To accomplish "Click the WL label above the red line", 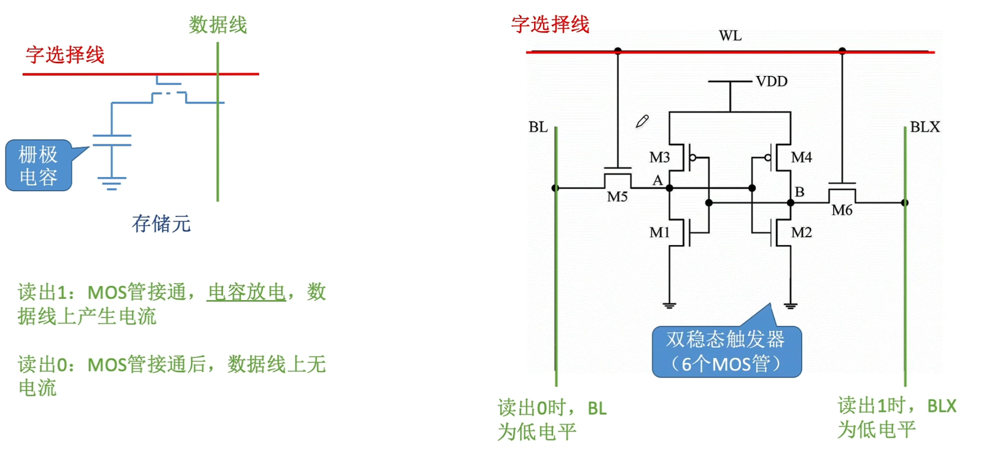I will point(730,36).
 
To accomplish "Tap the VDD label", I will point(771,81).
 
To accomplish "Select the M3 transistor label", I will point(659,157).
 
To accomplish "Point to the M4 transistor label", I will point(801,157).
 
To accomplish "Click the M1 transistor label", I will point(659,232).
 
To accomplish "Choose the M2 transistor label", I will point(801,232).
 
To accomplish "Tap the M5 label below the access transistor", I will point(617,197).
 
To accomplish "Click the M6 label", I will point(842,210).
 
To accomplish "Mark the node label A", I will point(658,180).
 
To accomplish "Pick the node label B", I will point(800,192).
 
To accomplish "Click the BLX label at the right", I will point(925,127).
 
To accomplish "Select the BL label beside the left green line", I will point(538,127).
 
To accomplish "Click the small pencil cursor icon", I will point(642,121).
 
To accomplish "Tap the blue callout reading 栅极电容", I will point(38,165).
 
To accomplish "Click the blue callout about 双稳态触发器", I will point(726,351).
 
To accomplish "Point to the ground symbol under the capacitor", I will point(111,183).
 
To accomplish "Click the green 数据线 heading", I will point(218,25).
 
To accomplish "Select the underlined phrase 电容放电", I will point(246,292).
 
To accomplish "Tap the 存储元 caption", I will point(161,223).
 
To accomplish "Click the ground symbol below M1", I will point(670,305).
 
